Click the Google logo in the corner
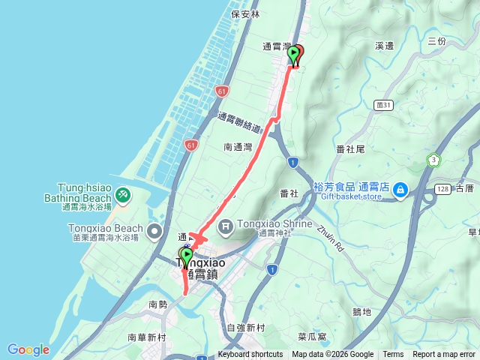tap(28, 349)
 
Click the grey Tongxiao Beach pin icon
tap(154, 229)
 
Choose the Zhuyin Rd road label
tap(329, 238)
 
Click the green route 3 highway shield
tap(433, 160)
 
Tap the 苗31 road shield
tap(385, 106)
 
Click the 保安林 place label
tap(245, 13)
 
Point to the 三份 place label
tap(436, 41)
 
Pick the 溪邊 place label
tap(384, 46)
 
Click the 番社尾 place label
tap(350, 149)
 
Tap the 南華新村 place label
tap(145, 337)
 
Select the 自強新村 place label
tap(245, 328)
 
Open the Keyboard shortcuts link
tap(250, 355)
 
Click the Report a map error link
tap(444, 355)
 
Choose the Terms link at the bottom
tap(393, 355)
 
